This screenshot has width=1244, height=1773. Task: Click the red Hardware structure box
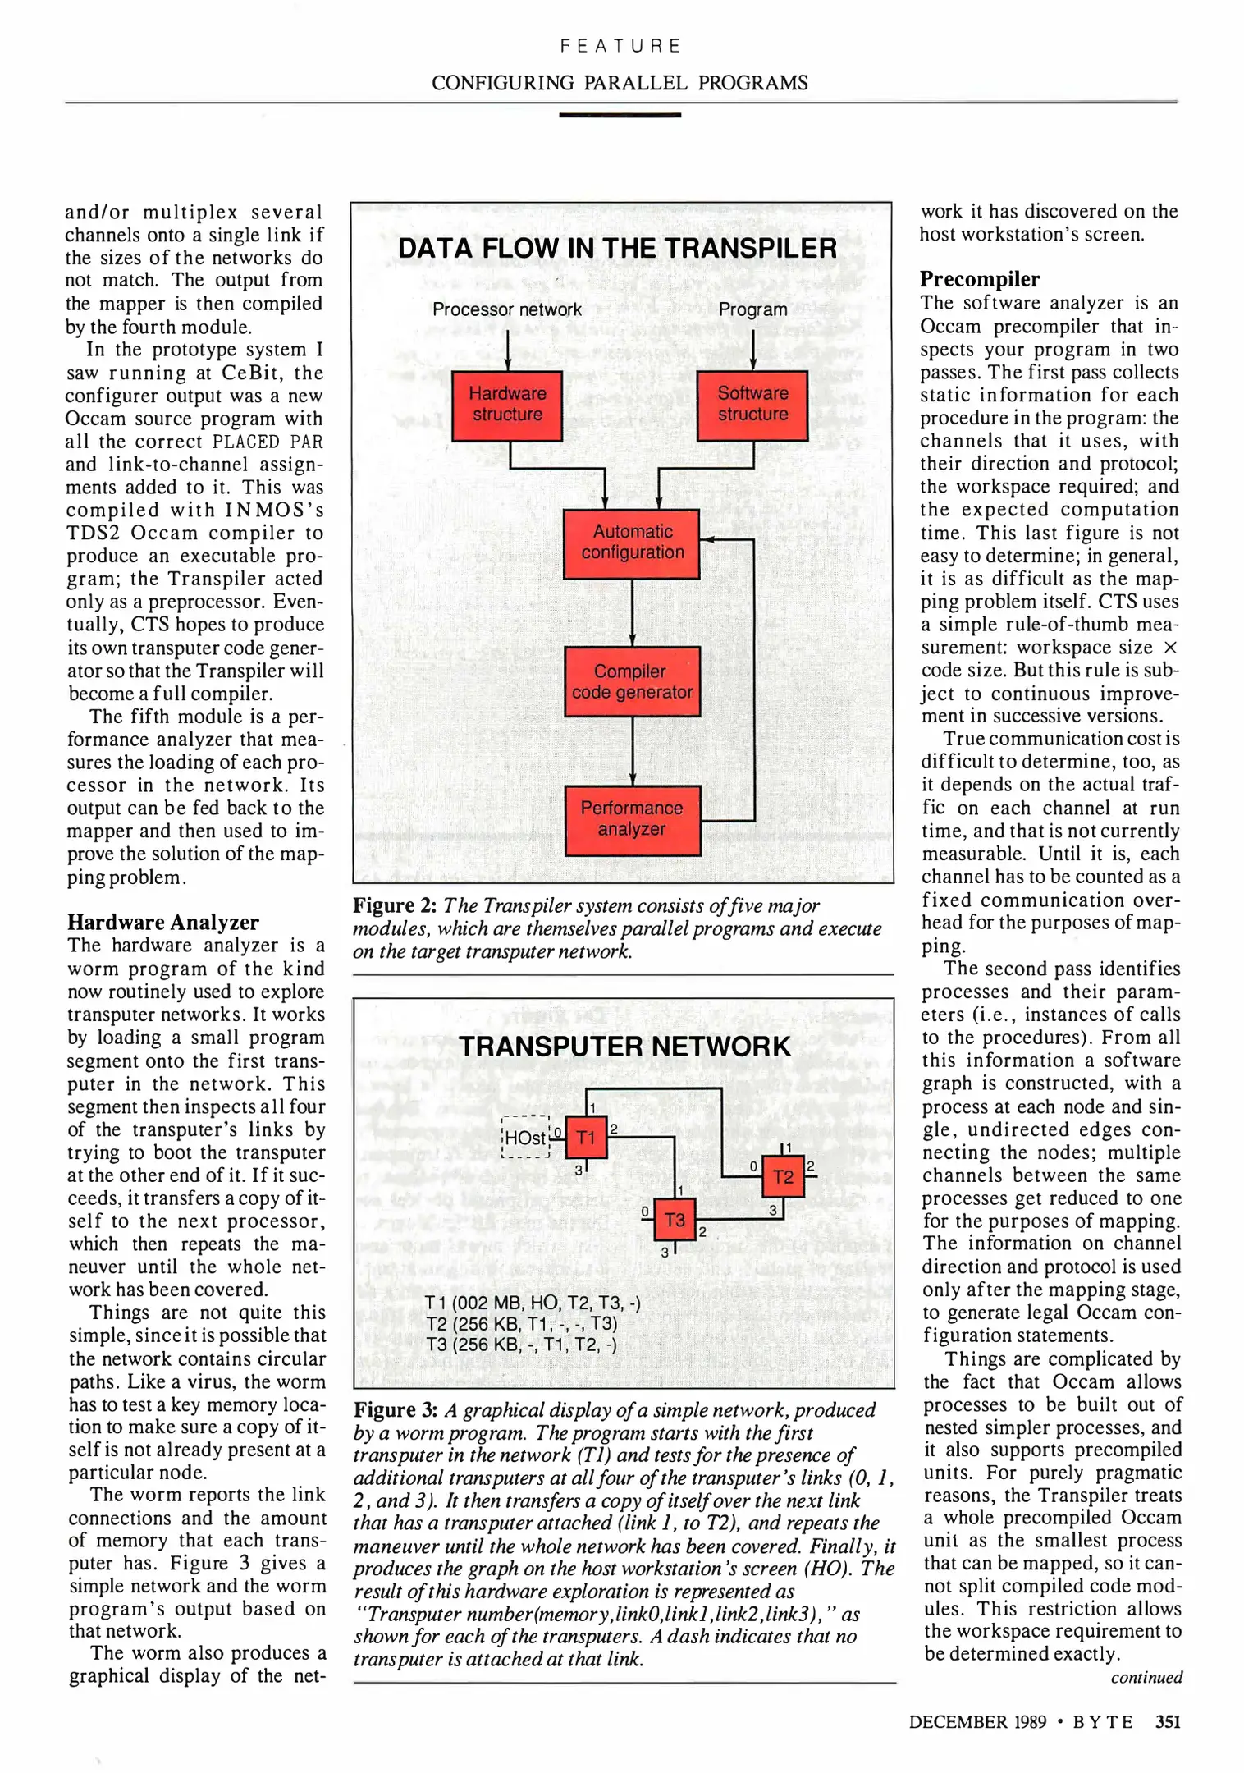[x=507, y=405]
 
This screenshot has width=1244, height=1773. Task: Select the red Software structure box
[x=752, y=405]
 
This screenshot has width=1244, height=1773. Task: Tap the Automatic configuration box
[x=632, y=543]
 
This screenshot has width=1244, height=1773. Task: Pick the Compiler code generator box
[x=632, y=682]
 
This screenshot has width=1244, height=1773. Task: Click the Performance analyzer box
[x=632, y=820]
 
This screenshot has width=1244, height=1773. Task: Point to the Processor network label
[x=506, y=309]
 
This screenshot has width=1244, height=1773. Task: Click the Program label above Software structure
[x=752, y=309]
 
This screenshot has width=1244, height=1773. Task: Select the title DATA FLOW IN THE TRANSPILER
[x=617, y=249]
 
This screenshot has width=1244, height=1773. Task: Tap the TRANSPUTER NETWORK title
[x=624, y=1047]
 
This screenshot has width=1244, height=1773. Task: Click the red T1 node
[x=586, y=1138]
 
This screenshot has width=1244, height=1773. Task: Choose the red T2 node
[x=783, y=1177]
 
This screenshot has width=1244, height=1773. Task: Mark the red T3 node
[x=675, y=1221]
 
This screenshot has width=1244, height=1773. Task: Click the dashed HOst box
[x=525, y=1138]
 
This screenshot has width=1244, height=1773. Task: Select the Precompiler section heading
[x=979, y=280]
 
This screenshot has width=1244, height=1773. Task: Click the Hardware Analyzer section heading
[x=162, y=923]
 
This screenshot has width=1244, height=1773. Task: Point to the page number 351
[x=1167, y=1722]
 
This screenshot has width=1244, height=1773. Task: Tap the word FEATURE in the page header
[x=620, y=46]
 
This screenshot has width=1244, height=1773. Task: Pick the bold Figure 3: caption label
[x=396, y=1410]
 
